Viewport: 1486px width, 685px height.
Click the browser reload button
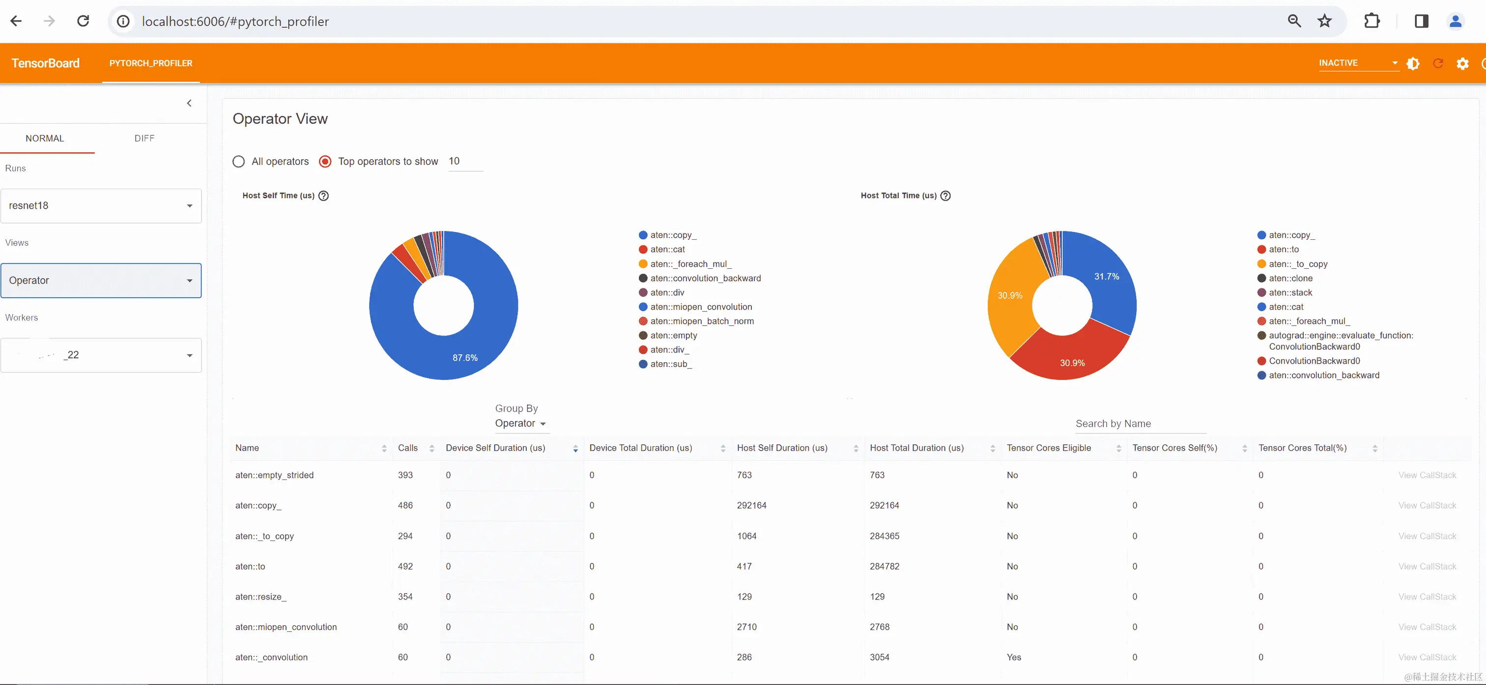click(83, 21)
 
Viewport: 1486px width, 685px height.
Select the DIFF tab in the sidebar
click(144, 139)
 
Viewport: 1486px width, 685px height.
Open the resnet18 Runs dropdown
click(101, 206)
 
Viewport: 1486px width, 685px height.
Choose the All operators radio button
click(239, 162)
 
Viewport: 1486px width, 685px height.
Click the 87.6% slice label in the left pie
click(465, 358)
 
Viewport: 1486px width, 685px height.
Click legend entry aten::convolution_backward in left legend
click(705, 278)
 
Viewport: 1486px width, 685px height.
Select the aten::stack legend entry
click(1290, 292)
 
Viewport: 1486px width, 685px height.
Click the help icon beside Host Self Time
click(324, 196)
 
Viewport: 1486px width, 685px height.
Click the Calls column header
click(408, 448)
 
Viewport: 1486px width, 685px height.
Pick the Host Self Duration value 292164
click(752, 506)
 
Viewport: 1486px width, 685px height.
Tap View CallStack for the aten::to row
click(1427, 567)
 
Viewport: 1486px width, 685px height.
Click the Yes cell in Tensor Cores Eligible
click(1014, 657)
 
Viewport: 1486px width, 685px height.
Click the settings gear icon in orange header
click(1462, 63)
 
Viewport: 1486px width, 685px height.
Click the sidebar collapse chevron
click(189, 103)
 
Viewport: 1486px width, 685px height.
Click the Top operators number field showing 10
click(464, 162)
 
